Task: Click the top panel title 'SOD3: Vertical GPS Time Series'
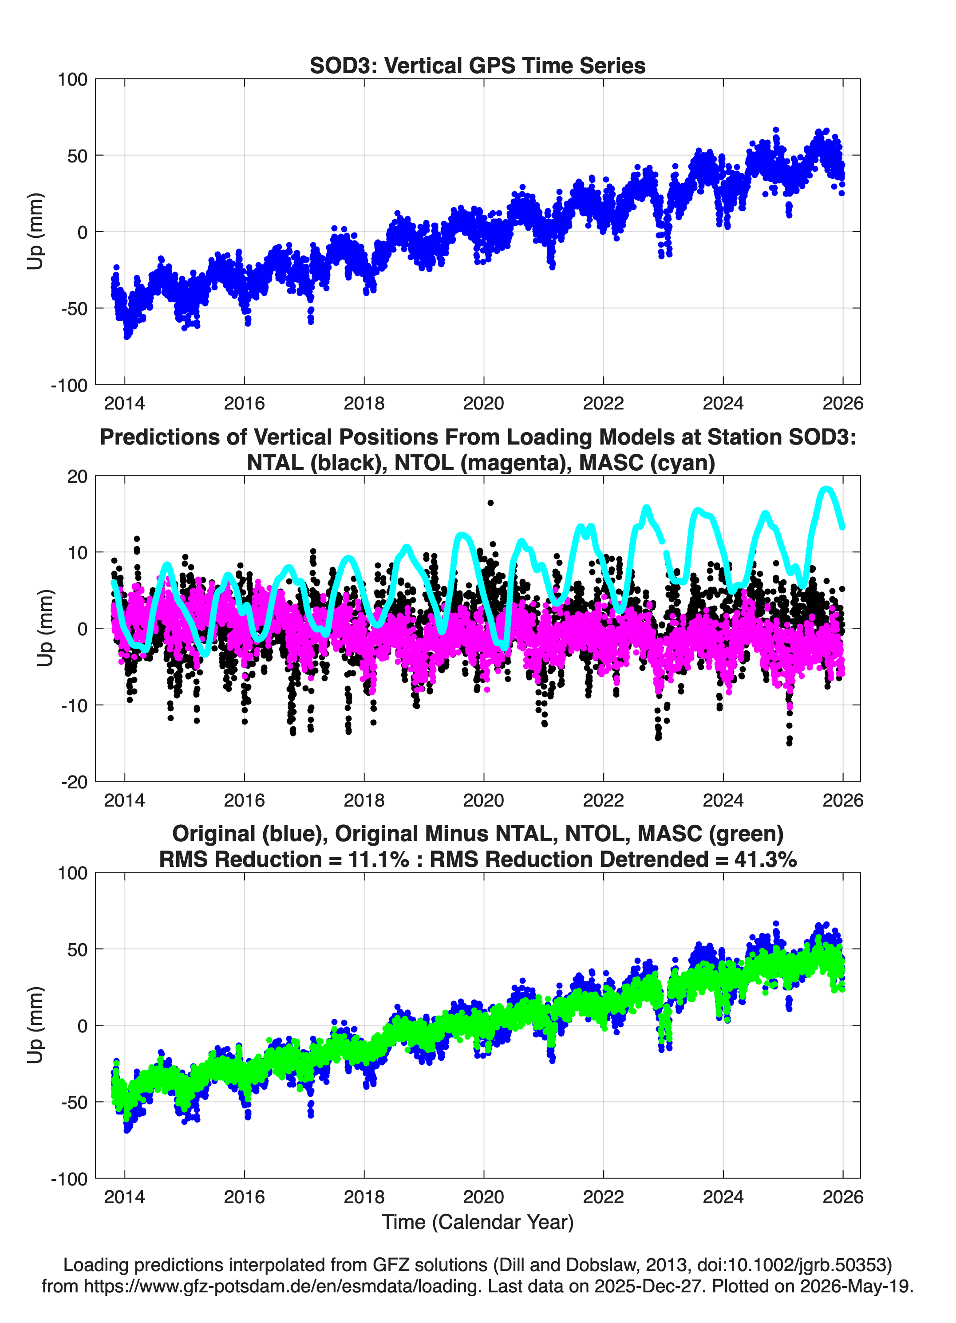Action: pyautogui.click(x=478, y=65)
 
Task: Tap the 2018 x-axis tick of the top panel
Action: pyautogui.click(x=363, y=403)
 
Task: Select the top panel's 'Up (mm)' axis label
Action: pyautogui.click(x=36, y=231)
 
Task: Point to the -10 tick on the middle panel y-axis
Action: pyautogui.click(x=74, y=705)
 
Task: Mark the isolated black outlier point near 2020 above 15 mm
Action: pyautogui.click(x=491, y=503)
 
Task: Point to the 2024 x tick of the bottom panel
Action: pyautogui.click(x=723, y=1197)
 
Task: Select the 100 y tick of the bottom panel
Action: pyautogui.click(x=72, y=873)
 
